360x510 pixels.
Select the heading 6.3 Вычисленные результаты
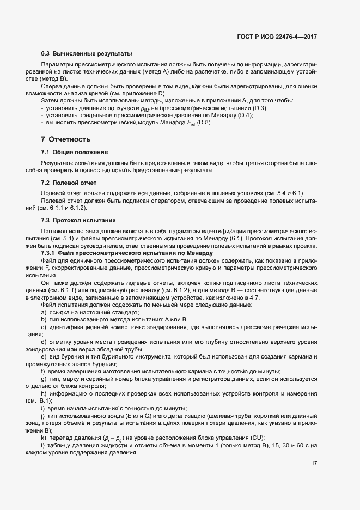click(x=86, y=54)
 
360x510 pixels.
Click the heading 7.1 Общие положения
click(x=74, y=151)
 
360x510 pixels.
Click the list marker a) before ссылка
click(x=44, y=312)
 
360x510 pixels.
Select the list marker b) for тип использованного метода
click(x=44, y=319)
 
